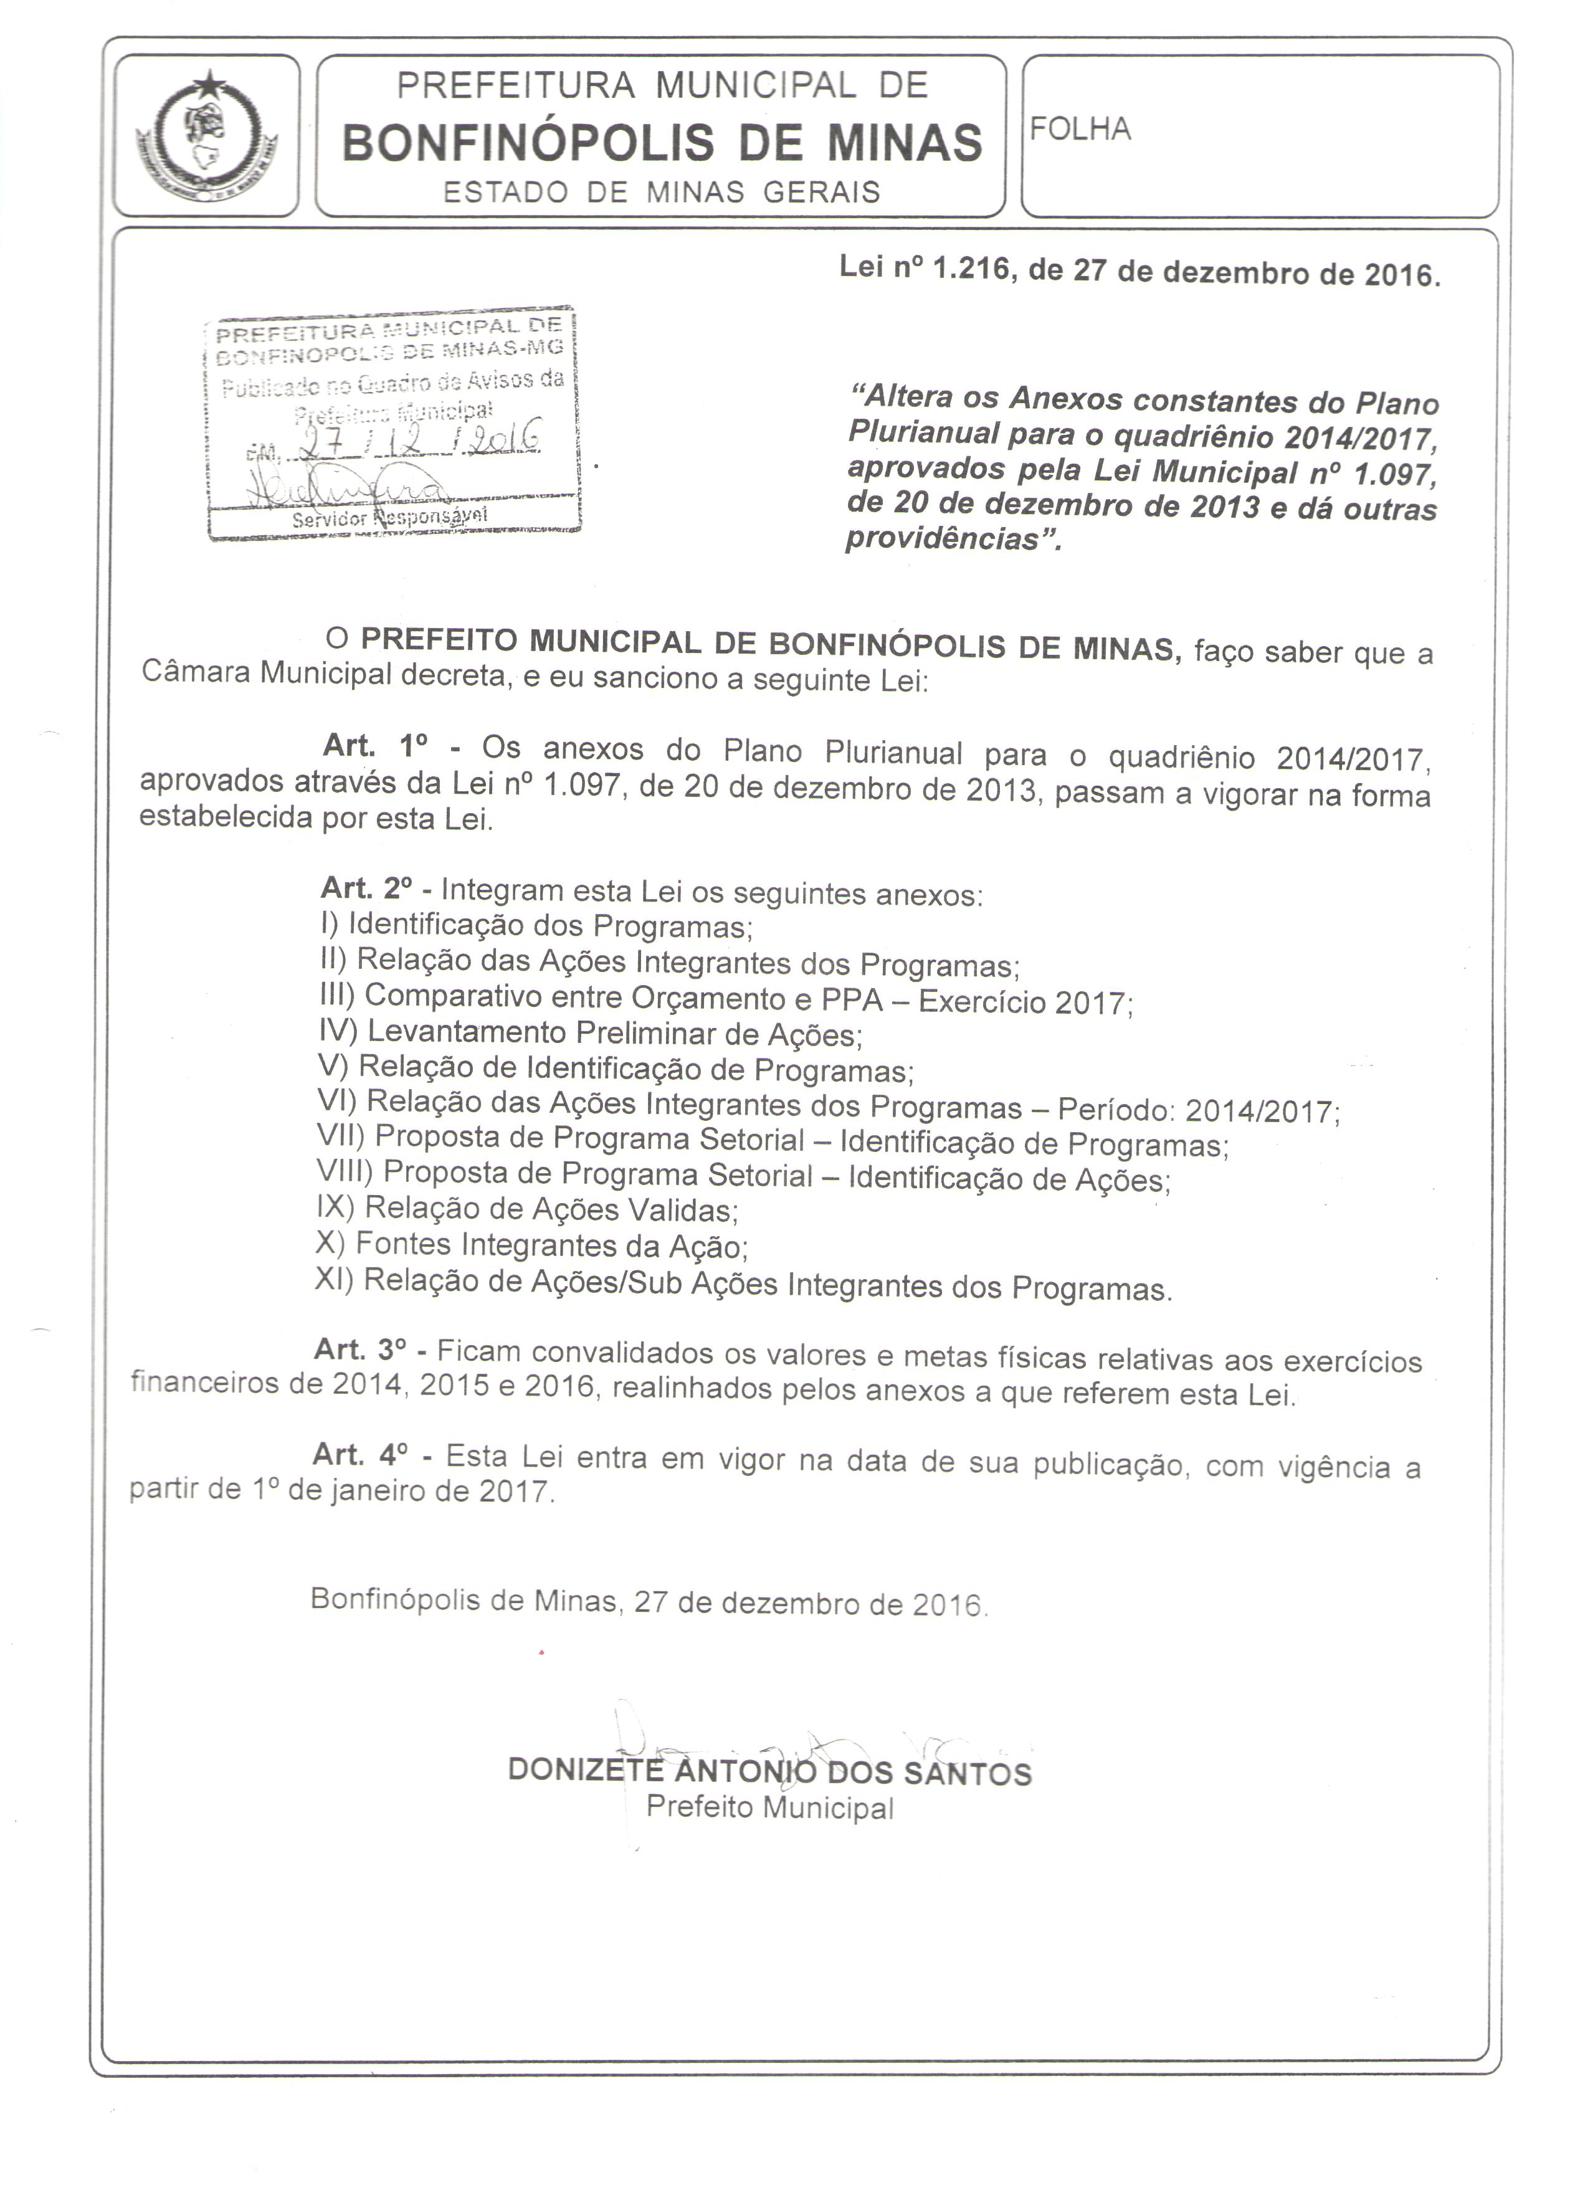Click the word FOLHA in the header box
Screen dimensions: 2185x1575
pyautogui.click(x=1080, y=129)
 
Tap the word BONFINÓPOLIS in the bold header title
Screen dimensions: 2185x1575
pyautogui.click(x=528, y=141)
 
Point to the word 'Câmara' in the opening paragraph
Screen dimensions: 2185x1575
pyautogui.click(x=194, y=672)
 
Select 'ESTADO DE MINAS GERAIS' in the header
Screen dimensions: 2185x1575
pyautogui.click(x=662, y=192)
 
